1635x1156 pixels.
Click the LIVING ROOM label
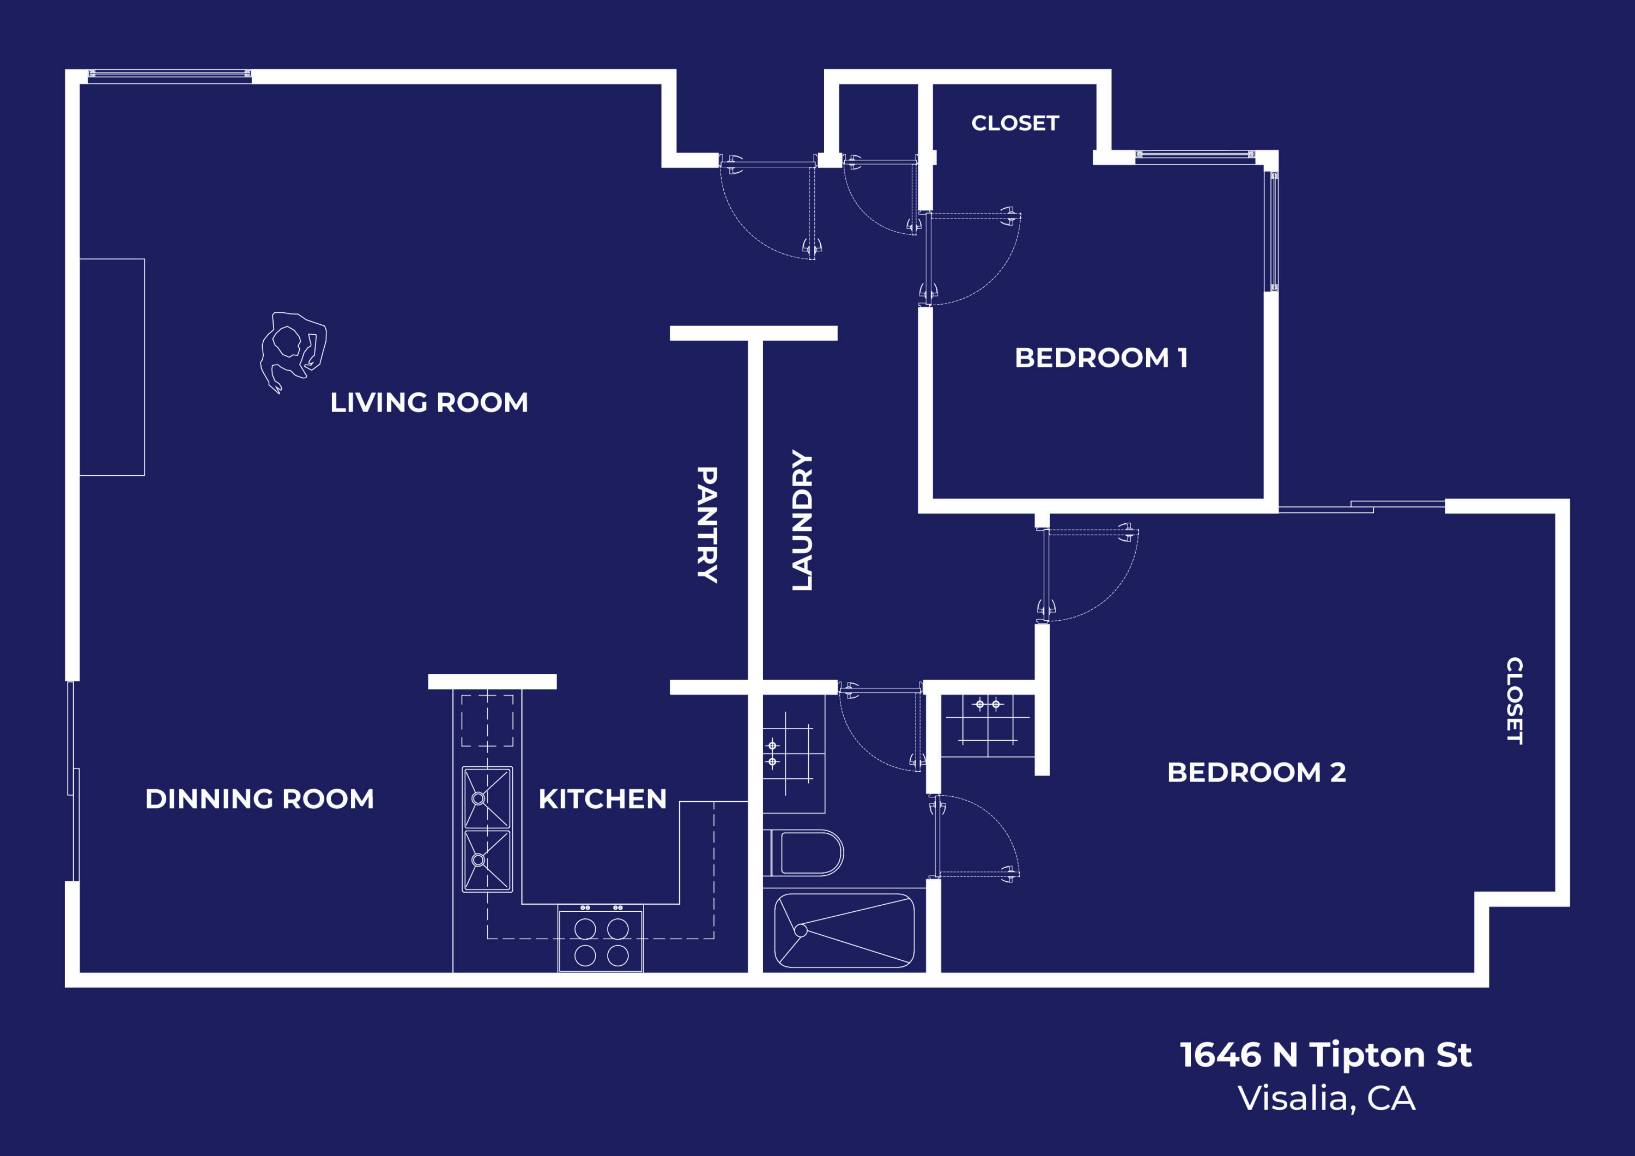click(429, 402)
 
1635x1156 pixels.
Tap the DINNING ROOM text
click(259, 798)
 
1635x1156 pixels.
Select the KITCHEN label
click(602, 798)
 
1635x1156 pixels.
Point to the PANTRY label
click(706, 525)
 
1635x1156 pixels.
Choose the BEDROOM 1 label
click(1101, 358)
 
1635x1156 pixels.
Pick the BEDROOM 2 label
click(1256, 772)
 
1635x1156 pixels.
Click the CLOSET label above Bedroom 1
click(1015, 123)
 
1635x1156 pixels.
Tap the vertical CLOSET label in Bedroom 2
click(1515, 701)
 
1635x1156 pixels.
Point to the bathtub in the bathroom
click(844, 930)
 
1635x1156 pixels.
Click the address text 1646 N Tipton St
click(1325, 1054)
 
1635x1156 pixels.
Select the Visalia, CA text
click(1326, 1098)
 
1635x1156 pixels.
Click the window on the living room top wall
click(169, 76)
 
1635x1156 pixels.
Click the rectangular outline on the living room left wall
click(112, 367)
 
